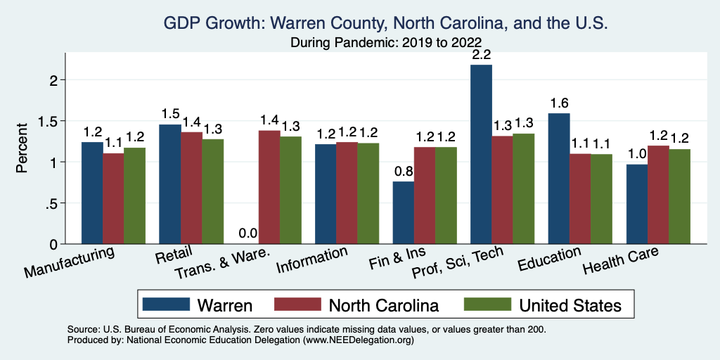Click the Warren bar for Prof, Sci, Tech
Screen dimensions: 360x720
tap(481, 154)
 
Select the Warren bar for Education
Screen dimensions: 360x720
tap(559, 179)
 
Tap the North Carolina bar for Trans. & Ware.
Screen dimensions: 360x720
tap(269, 187)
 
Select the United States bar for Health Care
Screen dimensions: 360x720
tap(680, 196)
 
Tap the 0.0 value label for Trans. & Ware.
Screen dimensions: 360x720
tap(247, 233)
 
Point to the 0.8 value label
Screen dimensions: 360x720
tap(403, 170)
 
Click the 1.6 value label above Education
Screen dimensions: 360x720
tap(559, 101)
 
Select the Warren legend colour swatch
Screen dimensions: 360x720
tap(166, 304)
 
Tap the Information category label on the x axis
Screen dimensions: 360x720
tap(312, 260)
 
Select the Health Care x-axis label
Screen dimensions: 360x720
tap(621, 263)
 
